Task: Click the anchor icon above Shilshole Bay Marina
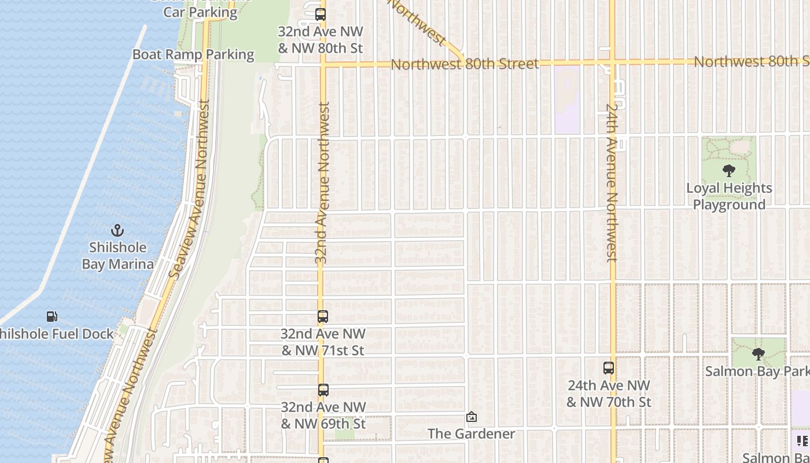pos(117,231)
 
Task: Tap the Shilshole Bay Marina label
pos(117,256)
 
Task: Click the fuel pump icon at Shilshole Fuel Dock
pos(52,317)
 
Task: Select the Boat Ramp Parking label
pos(193,54)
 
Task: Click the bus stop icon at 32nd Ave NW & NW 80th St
pos(320,14)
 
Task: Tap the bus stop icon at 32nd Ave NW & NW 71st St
pos(323,317)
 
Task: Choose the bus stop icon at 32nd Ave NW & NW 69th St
pos(323,390)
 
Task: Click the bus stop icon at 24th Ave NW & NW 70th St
pos(609,368)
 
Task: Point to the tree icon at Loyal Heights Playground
pos(729,171)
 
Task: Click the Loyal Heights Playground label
pos(729,196)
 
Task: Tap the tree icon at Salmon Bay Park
pos(758,354)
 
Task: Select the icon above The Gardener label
pos(472,417)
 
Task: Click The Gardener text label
pos(472,433)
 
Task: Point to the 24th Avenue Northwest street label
pos(612,182)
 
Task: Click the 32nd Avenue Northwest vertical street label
pos(323,183)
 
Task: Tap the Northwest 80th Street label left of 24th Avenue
pos(465,64)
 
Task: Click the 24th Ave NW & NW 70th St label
pos(609,394)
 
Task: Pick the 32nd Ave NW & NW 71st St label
pos(323,342)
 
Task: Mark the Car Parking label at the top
pos(200,12)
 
